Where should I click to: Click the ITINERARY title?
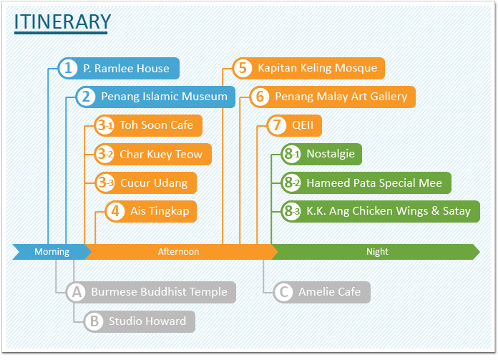62,21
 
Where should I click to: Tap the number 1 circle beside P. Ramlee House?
68,68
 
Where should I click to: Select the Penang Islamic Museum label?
164,97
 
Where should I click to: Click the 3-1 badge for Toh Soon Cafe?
104,125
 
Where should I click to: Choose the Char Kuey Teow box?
153,154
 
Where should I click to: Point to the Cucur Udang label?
154,183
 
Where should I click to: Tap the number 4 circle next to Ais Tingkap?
115,211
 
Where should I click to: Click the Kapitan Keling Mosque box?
308,68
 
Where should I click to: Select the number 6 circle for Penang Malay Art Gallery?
260,97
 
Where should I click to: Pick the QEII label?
303,125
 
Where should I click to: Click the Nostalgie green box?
321,154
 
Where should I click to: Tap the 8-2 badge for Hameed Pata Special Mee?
291,183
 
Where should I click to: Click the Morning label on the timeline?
52,252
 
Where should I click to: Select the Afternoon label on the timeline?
178,252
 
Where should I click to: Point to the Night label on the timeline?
377,252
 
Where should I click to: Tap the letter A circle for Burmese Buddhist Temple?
77,292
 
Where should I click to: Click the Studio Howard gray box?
140,321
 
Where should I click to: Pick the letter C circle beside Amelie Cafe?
283,292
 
